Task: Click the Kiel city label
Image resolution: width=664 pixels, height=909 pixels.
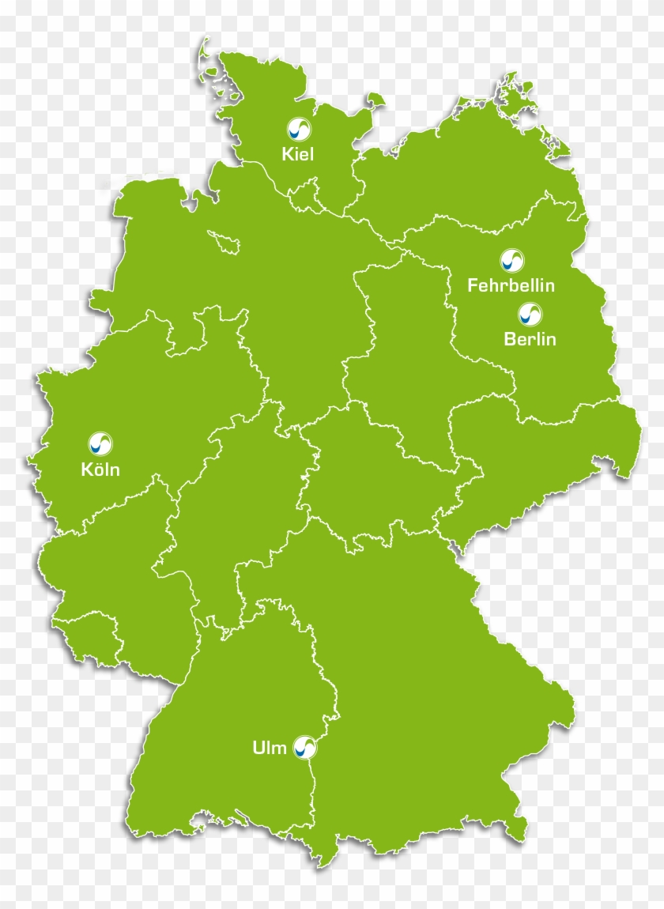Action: point(298,154)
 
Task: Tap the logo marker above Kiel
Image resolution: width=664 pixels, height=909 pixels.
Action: point(298,129)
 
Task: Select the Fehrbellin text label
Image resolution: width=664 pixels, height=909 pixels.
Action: point(511,285)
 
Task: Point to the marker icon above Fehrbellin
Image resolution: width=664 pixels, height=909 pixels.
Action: point(511,260)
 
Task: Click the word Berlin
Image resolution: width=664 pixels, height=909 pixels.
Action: point(530,340)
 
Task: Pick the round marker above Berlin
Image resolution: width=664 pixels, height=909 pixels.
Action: point(530,315)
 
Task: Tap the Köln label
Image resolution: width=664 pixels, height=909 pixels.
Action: point(100,470)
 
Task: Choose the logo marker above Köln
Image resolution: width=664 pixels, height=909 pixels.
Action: point(100,443)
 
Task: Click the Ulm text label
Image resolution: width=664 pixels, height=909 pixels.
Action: point(270,748)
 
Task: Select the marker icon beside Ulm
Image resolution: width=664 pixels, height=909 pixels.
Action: point(304,747)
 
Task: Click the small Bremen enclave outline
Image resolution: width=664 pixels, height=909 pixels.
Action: point(226,242)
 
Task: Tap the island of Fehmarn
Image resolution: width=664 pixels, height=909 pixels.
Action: point(375,100)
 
